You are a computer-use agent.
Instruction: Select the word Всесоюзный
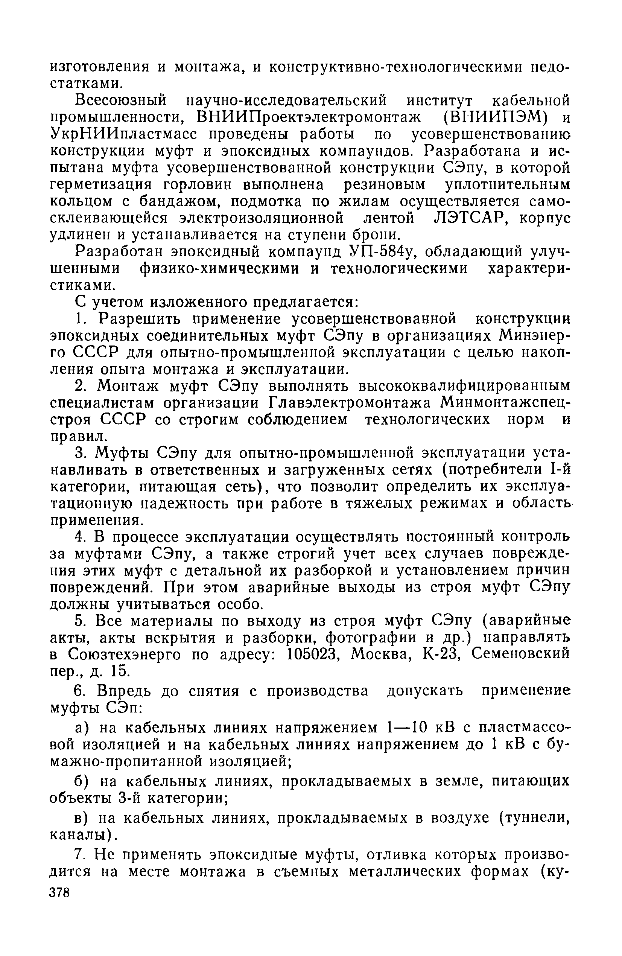108,99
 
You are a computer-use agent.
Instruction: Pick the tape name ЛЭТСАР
468,217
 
